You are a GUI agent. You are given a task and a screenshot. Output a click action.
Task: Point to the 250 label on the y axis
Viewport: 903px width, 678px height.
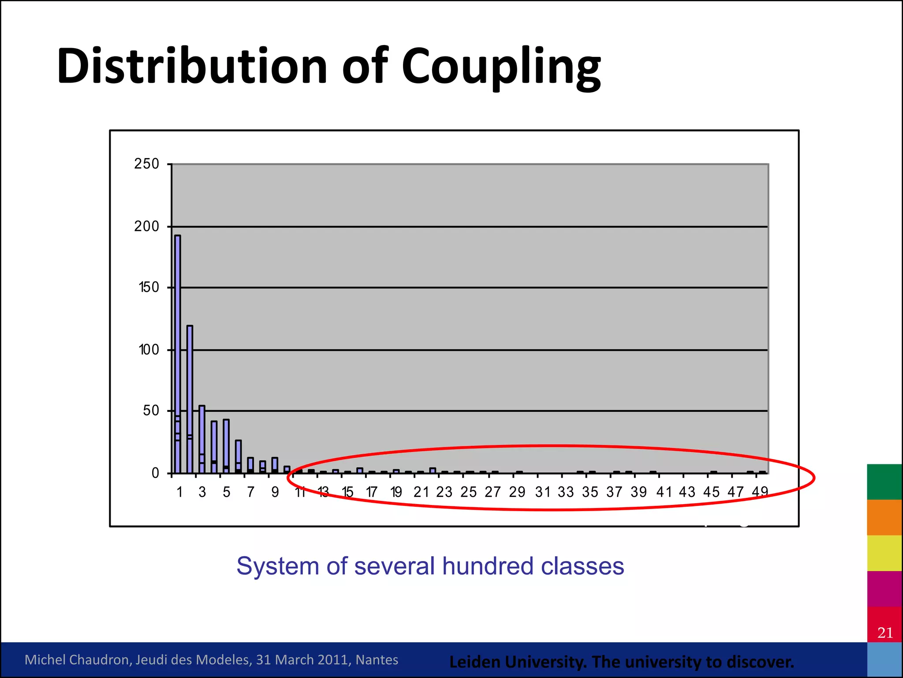[146, 164]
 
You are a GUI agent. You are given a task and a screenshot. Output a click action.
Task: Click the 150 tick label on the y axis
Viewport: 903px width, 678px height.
[149, 287]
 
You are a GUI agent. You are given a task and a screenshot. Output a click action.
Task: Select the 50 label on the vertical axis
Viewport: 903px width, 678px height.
[150, 411]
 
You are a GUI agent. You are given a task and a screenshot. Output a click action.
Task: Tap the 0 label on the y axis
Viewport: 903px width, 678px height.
[155, 473]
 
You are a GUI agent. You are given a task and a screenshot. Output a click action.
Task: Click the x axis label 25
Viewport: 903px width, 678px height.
[468, 492]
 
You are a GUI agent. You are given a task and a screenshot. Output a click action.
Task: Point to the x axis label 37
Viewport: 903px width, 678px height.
[614, 492]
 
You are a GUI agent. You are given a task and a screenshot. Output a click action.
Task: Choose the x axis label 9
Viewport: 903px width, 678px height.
[275, 492]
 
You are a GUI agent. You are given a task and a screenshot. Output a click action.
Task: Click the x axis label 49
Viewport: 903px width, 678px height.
[760, 492]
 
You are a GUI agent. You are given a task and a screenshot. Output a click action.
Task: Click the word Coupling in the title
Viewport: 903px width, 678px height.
[501, 67]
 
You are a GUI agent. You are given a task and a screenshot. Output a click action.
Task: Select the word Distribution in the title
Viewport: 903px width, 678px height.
[192, 66]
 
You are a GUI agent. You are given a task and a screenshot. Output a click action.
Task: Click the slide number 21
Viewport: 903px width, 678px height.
[885, 633]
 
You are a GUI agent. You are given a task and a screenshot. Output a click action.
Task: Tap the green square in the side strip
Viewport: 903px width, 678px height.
[884, 482]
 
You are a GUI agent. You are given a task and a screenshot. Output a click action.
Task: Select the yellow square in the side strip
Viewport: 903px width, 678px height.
[884, 553]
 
